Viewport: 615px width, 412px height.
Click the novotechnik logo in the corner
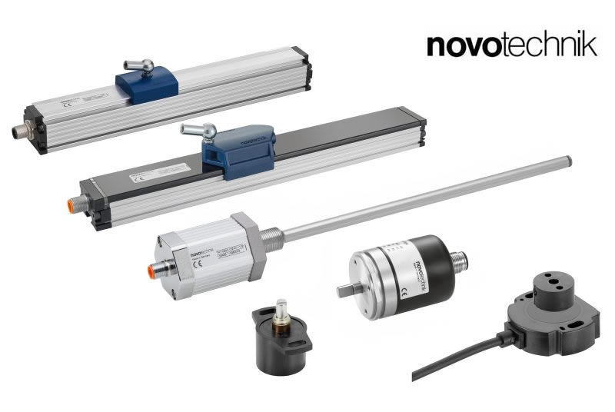(511, 43)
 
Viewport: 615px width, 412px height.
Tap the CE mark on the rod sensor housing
(197, 267)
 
